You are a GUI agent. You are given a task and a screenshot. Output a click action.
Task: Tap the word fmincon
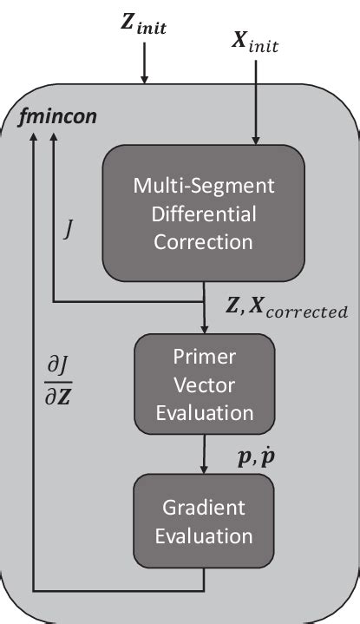click(56, 115)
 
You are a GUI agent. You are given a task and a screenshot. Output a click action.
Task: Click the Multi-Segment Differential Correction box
click(203, 213)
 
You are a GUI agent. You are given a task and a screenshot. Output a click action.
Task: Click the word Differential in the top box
click(203, 213)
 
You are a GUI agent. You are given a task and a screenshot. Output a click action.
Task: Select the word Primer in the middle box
click(204, 359)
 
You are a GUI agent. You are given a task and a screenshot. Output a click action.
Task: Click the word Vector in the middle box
click(204, 386)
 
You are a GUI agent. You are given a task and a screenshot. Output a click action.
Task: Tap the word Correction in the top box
click(203, 240)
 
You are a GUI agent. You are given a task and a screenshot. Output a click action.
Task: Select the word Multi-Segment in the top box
click(203, 185)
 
